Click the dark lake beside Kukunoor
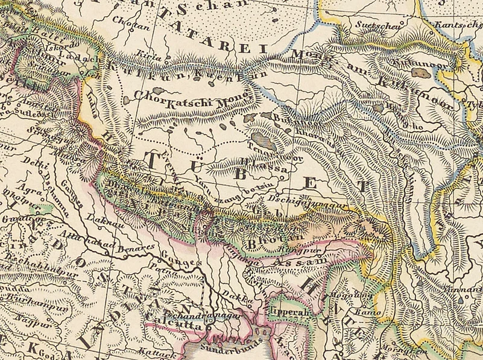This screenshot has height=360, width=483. click(x=420, y=72)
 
